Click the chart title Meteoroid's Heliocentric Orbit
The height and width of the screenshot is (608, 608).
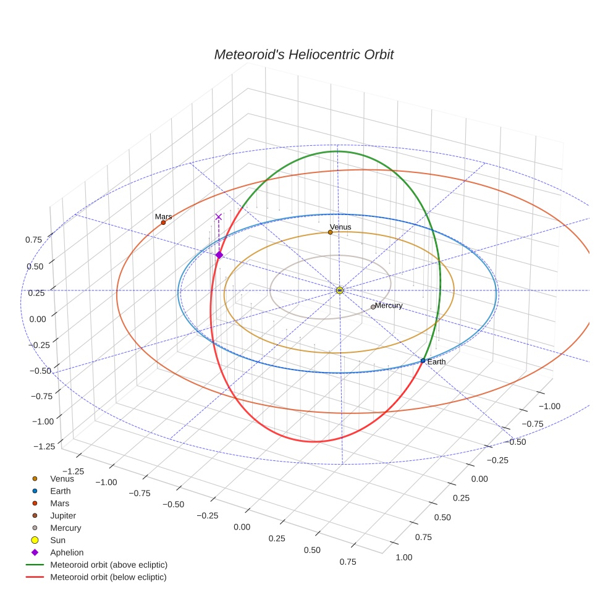pos(303,54)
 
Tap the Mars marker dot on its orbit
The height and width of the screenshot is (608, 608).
pos(163,222)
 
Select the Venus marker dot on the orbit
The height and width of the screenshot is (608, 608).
pos(330,232)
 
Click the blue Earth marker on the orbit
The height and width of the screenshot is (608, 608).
pos(423,361)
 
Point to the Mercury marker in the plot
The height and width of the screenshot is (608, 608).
pos(373,307)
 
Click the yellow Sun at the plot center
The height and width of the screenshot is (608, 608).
pos(339,290)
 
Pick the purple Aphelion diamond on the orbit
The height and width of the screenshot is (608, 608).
pos(219,255)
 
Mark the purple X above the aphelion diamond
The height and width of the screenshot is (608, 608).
pos(218,217)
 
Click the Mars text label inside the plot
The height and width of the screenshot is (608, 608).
pos(163,217)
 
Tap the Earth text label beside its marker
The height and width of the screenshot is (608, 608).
pos(436,362)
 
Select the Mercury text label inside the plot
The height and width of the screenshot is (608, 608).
pos(389,306)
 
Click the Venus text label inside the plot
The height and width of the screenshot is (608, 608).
pos(340,227)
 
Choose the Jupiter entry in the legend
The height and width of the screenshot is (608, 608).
pos(63,515)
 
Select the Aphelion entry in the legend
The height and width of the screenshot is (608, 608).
pos(66,552)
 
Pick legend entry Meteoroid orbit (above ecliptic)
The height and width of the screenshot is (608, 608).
pos(108,565)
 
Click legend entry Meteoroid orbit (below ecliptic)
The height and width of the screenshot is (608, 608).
pos(108,577)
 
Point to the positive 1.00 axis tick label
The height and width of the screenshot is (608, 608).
pos(403,557)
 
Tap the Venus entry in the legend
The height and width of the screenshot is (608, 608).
pos(62,478)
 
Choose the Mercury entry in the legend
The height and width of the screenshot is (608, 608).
pos(65,528)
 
